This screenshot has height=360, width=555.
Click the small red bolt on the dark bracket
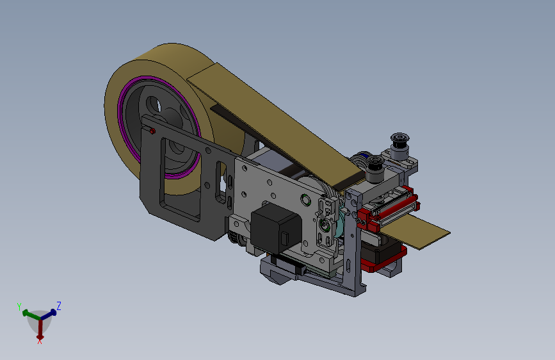(x=152, y=131)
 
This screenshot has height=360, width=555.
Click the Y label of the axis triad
(x=19, y=306)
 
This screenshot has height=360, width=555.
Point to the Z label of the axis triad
(x=59, y=306)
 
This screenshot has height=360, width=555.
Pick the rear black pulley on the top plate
(x=400, y=142)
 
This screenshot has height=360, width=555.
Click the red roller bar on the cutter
(x=389, y=209)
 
